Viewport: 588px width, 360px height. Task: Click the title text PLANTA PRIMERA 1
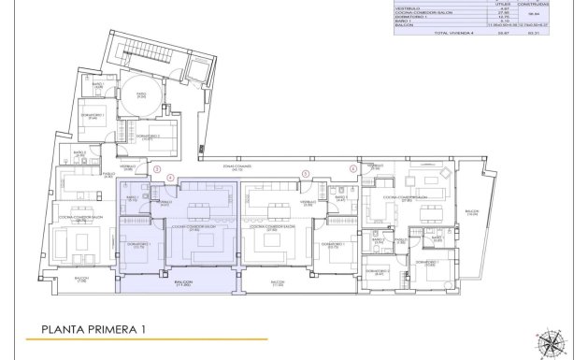pos(93,329)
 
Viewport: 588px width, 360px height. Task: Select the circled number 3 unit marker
pos(158,169)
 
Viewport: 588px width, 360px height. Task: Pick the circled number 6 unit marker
pos(353,169)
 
